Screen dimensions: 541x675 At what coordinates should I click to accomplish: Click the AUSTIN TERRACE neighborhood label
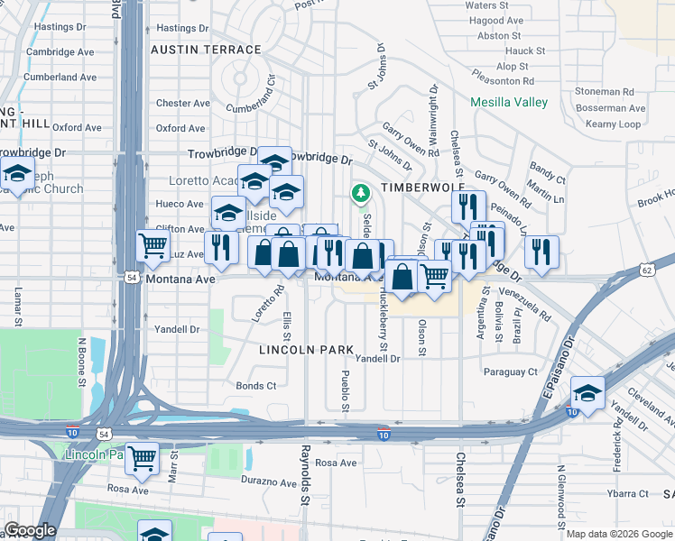tap(206, 49)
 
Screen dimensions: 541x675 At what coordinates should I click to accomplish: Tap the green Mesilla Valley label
tap(508, 102)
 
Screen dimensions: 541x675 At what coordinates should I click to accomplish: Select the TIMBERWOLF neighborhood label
tap(415, 187)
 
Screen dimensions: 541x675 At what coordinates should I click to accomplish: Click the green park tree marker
tap(360, 192)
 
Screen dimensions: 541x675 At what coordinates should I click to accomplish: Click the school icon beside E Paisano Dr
tap(587, 393)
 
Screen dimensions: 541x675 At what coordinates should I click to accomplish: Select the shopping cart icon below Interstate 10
tap(142, 459)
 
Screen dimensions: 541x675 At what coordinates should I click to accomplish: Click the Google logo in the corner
tap(30, 530)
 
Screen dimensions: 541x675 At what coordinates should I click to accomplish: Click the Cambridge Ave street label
tap(60, 52)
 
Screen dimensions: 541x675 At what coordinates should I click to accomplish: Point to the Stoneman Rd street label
tap(605, 91)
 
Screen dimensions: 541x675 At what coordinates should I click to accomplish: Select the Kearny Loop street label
tap(614, 124)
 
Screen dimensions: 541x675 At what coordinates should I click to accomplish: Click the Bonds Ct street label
tap(255, 386)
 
